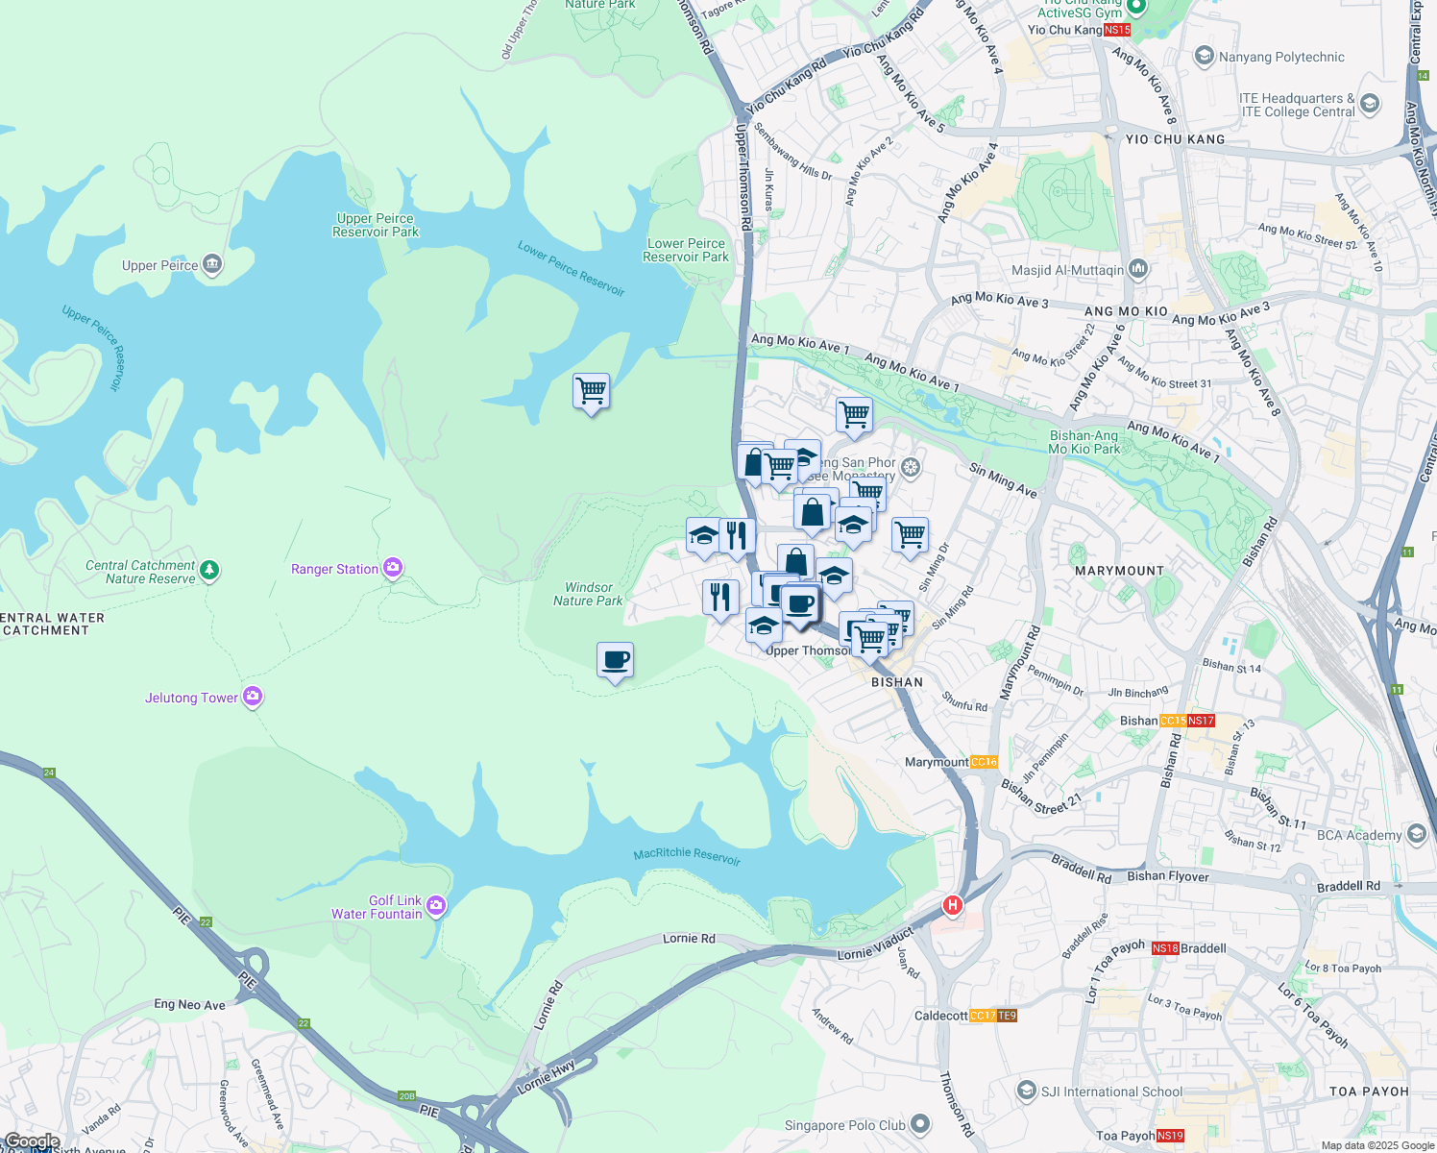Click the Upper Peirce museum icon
point(212,264)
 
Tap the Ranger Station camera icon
point(393,568)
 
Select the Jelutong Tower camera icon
point(253,697)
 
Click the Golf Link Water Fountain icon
point(436,906)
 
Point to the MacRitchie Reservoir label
point(687,856)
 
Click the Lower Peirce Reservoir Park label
point(686,250)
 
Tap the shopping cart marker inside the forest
point(591,392)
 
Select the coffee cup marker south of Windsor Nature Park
point(615,661)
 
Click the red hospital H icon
point(952,905)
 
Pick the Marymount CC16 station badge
point(984,762)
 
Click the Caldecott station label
point(940,1016)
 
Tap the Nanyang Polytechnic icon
point(1204,57)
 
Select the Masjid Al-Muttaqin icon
point(1137,269)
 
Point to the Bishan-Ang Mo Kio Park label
point(1084,442)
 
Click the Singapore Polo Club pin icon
point(920,1123)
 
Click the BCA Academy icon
point(1416,834)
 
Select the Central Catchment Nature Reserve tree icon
point(208,571)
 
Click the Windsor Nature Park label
point(588,594)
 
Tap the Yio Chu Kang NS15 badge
point(1116,30)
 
